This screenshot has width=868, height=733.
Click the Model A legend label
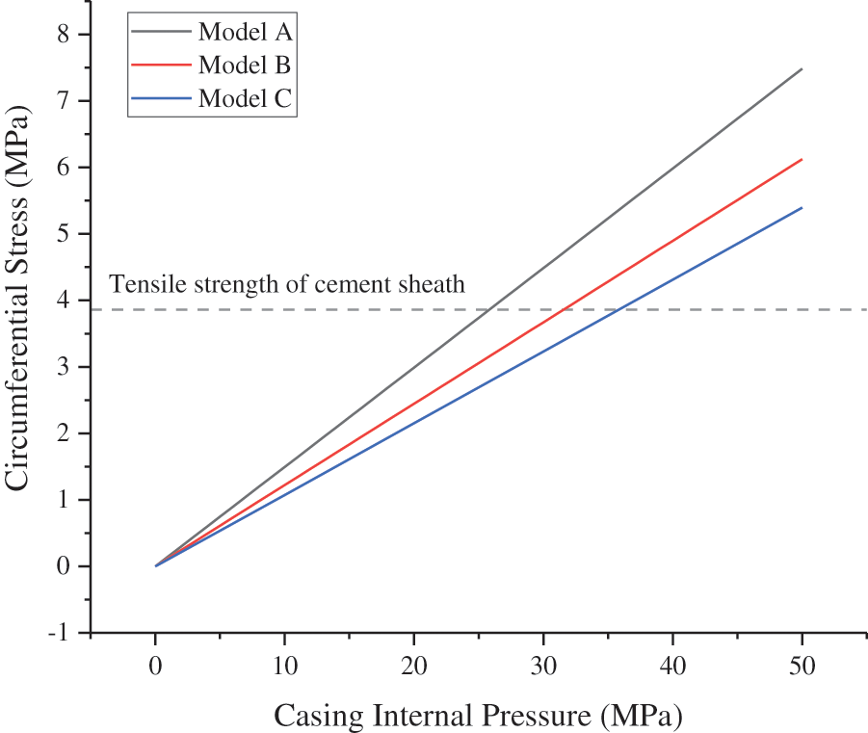pyautogui.click(x=245, y=32)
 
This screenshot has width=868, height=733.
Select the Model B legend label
pyautogui.click(x=245, y=65)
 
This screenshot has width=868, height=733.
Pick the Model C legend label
pyautogui.click(x=245, y=98)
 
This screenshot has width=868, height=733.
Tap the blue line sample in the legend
pyautogui.click(x=163, y=98)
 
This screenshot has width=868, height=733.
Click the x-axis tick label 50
pyautogui.click(x=802, y=666)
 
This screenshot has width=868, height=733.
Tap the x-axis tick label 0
pyautogui.click(x=155, y=666)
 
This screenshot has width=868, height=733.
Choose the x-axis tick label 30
pyautogui.click(x=543, y=666)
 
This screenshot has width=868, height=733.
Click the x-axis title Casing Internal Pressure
pyautogui.click(x=478, y=716)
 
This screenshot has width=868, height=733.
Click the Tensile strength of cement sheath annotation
pyautogui.click(x=287, y=284)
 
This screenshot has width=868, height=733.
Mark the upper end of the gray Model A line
pyautogui.click(x=802, y=69)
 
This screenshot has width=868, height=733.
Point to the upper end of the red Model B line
pyautogui.click(x=802, y=159)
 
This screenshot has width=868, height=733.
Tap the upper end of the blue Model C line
pyautogui.click(x=802, y=207)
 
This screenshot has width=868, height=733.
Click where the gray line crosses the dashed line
pyautogui.click(x=490, y=310)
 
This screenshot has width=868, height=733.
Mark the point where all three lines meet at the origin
pyautogui.click(x=155, y=565)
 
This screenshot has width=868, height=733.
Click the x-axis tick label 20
pyautogui.click(x=414, y=666)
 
